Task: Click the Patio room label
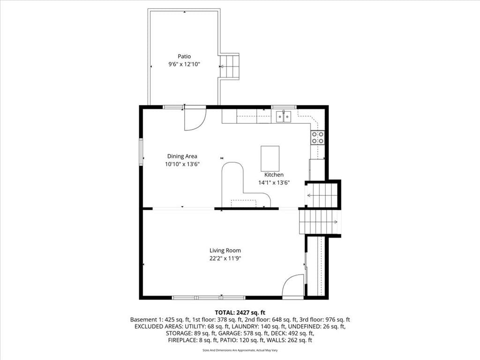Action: click(x=184, y=56)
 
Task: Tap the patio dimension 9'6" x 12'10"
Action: click(x=184, y=64)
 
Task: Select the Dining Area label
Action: click(x=182, y=156)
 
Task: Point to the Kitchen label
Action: click(x=274, y=174)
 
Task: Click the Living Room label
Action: click(x=225, y=250)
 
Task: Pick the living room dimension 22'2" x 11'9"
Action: click(x=225, y=258)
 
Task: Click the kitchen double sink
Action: click(x=284, y=117)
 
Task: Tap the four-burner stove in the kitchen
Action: click(x=317, y=137)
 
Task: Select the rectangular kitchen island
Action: click(x=270, y=158)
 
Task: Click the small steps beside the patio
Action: click(x=230, y=67)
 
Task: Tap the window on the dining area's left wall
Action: click(x=142, y=152)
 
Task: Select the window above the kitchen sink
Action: click(x=284, y=107)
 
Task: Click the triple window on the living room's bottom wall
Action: click(x=209, y=297)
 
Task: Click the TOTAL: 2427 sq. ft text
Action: click(x=240, y=313)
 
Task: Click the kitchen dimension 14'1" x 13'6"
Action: click(x=274, y=183)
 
